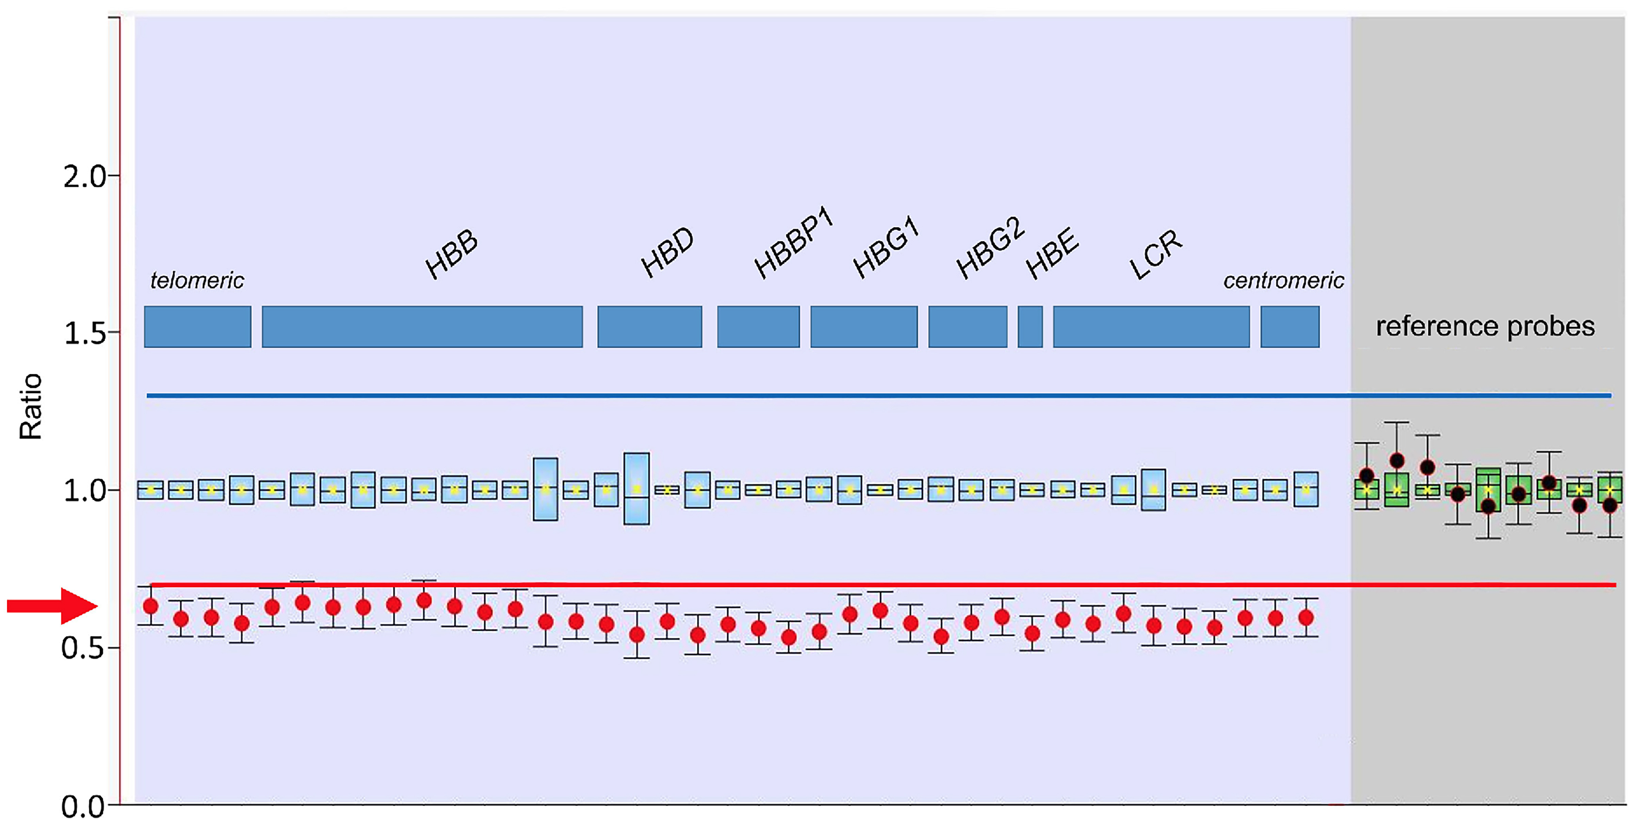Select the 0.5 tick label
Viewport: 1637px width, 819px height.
pyautogui.click(x=83, y=649)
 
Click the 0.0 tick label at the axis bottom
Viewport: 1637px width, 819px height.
pyautogui.click(x=83, y=806)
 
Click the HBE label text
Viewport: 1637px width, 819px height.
pyautogui.click(x=1052, y=253)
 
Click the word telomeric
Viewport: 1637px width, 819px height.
pyautogui.click(x=197, y=280)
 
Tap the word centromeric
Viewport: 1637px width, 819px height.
pyautogui.click(x=1284, y=280)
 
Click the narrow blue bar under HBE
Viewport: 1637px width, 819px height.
pyautogui.click(x=1030, y=327)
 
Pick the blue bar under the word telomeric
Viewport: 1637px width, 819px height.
pyautogui.click(x=198, y=327)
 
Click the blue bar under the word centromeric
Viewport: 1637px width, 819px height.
pyautogui.click(x=1290, y=327)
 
